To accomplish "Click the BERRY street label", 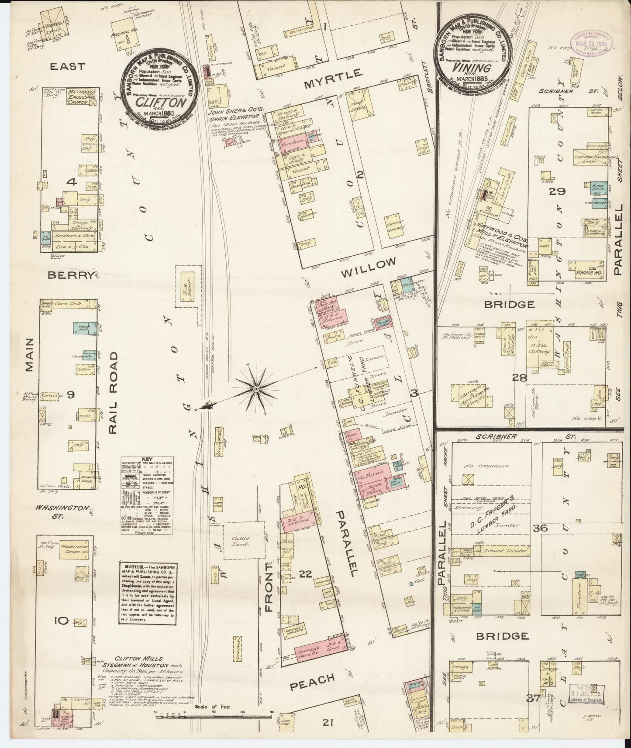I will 71,275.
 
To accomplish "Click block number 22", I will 306,574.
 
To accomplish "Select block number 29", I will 558,191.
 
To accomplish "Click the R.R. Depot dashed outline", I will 188,296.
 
